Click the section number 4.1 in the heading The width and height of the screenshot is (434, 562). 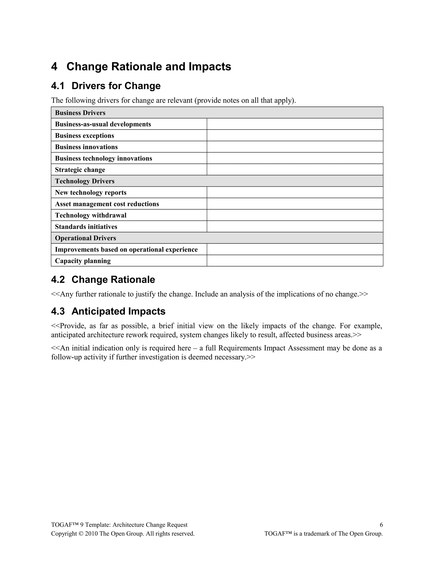(58, 86)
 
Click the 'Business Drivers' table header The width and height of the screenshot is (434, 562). (80, 113)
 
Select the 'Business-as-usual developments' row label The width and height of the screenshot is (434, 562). (103, 124)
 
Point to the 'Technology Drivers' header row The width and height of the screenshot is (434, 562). (85, 181)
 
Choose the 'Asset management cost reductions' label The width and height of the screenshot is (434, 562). (107, 204)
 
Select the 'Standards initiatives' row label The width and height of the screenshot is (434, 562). (86, 227)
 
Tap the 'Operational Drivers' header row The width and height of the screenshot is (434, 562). (85, 238)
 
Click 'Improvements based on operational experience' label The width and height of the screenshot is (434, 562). (126, 249)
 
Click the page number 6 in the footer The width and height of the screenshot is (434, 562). (381, 525)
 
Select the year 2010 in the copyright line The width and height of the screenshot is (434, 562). (91, 534)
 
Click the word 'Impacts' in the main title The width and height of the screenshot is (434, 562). (210, 67)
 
